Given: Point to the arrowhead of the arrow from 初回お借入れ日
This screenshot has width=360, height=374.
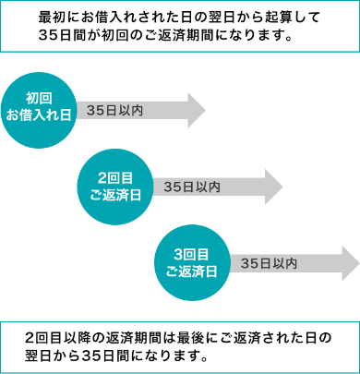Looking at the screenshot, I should pyautogui.click(x=197, y=110).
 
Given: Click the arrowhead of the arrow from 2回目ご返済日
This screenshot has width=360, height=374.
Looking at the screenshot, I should pyautogui.click(x=274, y=187).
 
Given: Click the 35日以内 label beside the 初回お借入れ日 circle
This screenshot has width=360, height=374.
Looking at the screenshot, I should pyautogui.click(x=114, y=110).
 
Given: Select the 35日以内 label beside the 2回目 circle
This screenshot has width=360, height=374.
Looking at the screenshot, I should pyautogui.click(x=191, y=187).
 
